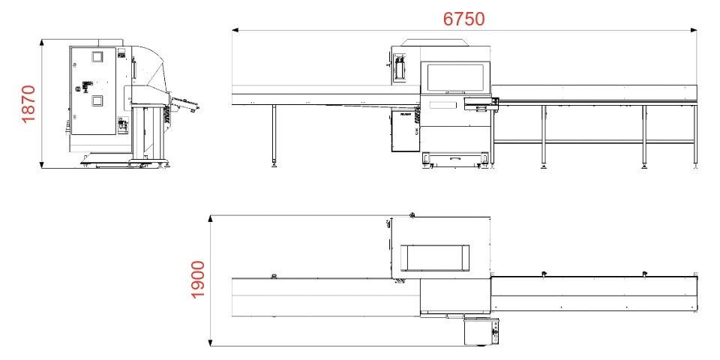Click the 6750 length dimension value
[x=463, y=19]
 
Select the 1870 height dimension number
[x=28, y=104]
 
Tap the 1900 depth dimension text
[x=197, y=280]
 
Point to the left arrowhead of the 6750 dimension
[x=235, y=31]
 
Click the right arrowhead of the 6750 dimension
[x=693, y=31]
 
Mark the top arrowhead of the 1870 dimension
[x=42, y=43]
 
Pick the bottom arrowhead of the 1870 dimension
[x=42, y=164]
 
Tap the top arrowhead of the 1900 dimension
[x=210, y=218]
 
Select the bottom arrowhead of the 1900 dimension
[x=210, y=343]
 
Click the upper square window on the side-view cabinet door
[x=97, y=56]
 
